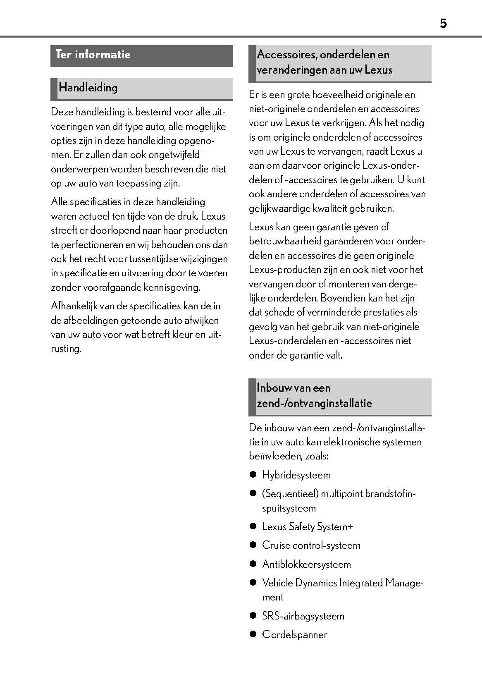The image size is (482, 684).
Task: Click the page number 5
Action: (x=443, y=24)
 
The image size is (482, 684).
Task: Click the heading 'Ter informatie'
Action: (x=93, y=55)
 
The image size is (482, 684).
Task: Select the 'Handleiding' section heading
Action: (x=88, y=88)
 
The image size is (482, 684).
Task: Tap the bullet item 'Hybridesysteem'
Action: (x=296, y=475)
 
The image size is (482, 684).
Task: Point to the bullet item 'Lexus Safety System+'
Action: (x=307, y=527)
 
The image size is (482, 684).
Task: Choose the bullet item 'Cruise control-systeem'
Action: (x=311, y=545)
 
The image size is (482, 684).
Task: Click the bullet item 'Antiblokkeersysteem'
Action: (x=306, y=564)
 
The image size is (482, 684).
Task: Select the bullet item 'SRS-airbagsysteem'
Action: (x=303, y=616)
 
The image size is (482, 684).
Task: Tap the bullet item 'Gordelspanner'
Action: (x=294, y=635)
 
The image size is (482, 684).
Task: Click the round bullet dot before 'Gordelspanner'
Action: (x=253, y=634)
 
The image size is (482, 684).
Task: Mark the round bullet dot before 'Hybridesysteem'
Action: (x=253, y=475)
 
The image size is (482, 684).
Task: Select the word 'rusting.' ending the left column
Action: (x=66, y=349)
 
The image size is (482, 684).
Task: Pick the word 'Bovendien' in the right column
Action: (x=343, y=298)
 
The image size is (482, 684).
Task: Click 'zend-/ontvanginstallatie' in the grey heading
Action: (x=314, y=403)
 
